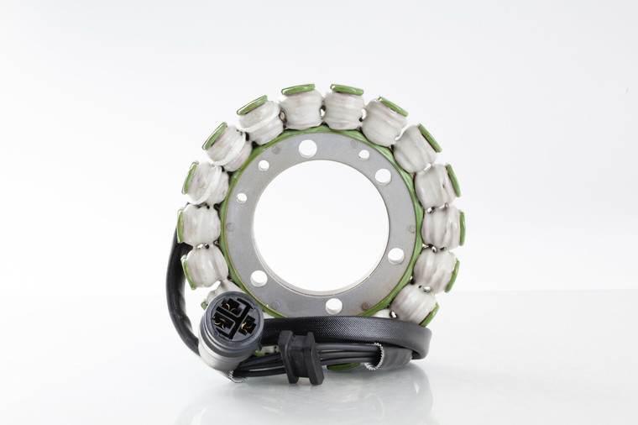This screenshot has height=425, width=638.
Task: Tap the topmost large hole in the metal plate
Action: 308,149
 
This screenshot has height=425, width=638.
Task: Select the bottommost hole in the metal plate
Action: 333,305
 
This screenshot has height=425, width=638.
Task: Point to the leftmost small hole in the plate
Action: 243,198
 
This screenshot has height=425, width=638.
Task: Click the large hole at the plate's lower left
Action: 259,278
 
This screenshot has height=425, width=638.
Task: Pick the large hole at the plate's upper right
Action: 383,176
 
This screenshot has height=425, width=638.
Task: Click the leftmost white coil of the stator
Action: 198,224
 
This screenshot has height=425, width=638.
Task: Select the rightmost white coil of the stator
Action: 442,227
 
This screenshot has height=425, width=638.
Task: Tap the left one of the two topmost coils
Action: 301,108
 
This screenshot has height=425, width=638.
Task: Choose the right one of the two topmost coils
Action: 344,108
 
